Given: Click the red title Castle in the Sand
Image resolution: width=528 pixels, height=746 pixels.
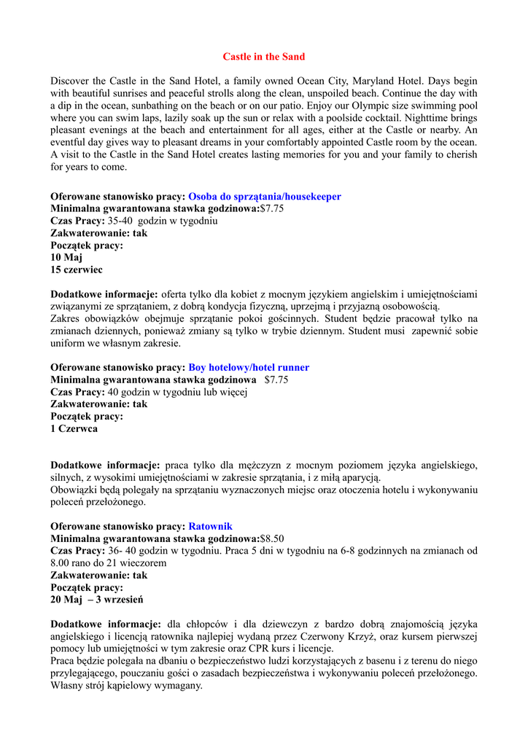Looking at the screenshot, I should (264, 57).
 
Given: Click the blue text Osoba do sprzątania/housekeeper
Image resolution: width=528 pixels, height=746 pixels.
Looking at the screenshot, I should (264, 197).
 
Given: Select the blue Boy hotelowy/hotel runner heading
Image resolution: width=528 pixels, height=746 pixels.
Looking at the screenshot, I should (249, 368).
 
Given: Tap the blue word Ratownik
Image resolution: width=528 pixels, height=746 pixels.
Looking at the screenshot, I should (210, 527).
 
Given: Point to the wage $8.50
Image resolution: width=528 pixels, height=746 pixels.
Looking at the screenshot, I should (272, 539).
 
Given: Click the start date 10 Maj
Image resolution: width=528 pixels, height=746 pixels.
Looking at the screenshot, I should (66, 258).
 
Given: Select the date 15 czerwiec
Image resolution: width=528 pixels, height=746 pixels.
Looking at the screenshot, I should (77, 270).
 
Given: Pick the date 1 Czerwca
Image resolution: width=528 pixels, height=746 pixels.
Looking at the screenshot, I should (74, 429).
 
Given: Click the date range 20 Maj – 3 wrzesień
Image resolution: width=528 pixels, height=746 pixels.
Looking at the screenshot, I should (97, 600).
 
